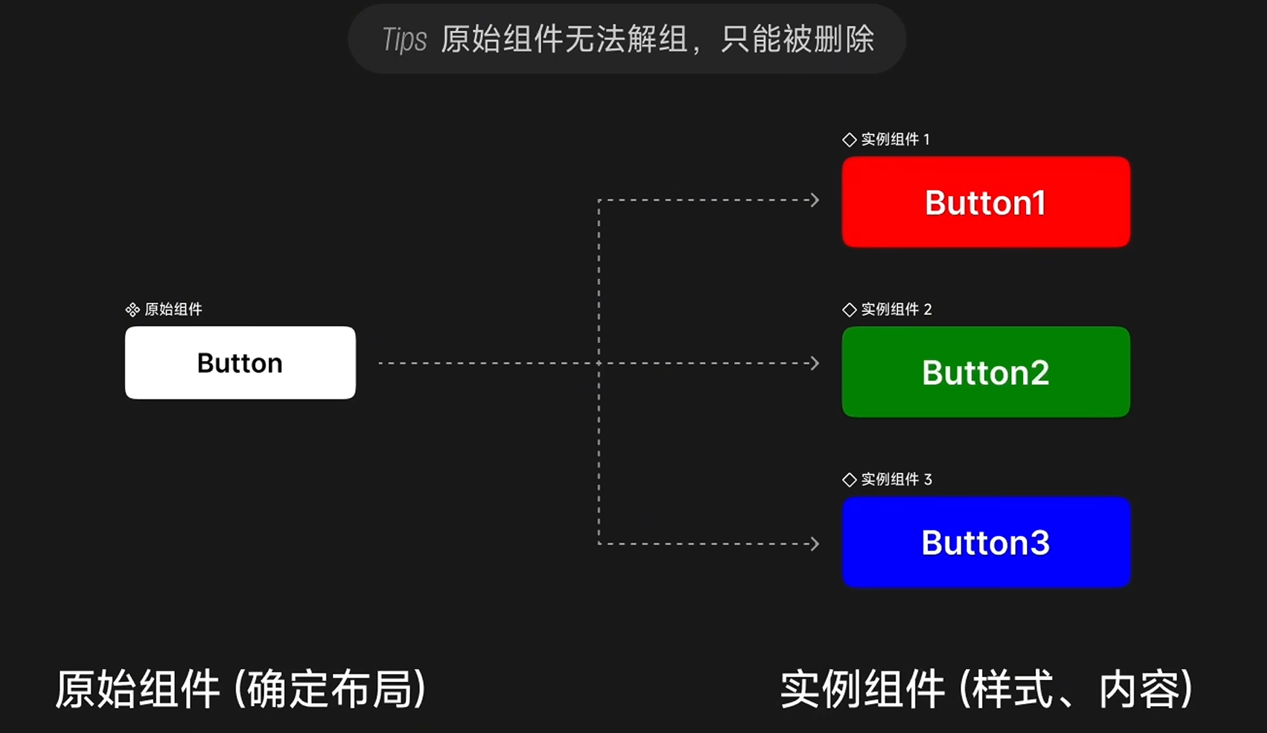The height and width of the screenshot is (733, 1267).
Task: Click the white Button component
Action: [x=240, y=363]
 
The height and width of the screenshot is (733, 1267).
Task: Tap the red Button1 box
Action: [x=986, y=202]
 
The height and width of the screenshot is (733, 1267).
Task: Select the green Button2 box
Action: [x=986, y=372]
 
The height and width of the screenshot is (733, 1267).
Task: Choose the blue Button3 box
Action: [x=986, y=542]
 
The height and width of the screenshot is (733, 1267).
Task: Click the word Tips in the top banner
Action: [x=405, y=39]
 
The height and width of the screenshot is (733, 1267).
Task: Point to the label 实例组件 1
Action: [x=895, y=139]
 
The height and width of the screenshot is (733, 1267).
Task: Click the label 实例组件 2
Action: [x=896, y=310]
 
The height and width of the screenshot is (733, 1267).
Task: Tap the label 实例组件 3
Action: [x=896, y=479]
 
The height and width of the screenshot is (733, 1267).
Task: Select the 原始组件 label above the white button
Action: [x=174, y=310]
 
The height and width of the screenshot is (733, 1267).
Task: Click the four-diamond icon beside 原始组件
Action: [x=132, y=310]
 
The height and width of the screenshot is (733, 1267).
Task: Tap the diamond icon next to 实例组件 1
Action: [x=849, y=140]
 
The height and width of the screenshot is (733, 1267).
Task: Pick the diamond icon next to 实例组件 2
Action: [x=849, y=310]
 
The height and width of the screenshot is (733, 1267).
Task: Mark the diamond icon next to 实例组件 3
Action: [x=849, y=479]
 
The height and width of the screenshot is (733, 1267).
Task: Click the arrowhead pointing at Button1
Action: [x=815, y=200]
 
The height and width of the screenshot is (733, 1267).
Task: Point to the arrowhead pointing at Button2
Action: [x=815, y=363]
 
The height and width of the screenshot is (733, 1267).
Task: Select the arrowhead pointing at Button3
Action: [x=815, y=544]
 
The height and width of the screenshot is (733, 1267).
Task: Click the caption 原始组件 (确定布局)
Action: [x=241, y=689]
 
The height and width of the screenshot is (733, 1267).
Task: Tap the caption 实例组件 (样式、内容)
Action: [x=986, y=689]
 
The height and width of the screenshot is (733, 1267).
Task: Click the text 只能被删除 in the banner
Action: [x=797, y=39]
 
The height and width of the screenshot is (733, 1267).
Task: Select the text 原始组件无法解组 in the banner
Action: [x=564, y=39]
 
